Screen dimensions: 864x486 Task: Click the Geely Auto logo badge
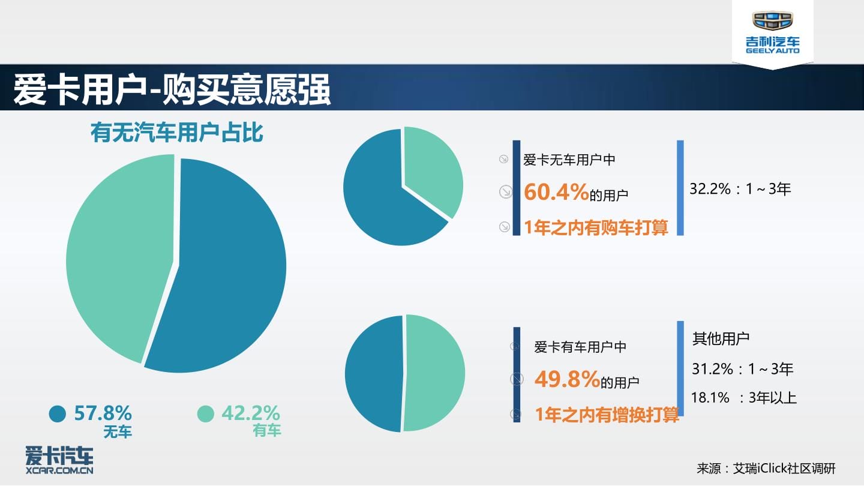coord(773,32)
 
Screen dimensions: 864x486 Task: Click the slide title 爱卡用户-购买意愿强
coord(172,89)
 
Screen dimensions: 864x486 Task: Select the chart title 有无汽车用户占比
coord(177,132)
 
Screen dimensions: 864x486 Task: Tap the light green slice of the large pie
coord(119,254)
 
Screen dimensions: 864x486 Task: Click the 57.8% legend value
coord(103,413)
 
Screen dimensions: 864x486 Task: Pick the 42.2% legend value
coord(251,413)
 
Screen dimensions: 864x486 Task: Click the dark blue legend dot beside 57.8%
coord(58,414)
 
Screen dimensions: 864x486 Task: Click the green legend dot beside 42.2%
coord(206,414)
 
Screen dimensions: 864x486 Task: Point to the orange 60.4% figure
coord(556,192)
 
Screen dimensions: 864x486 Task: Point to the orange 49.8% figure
coord(567,379)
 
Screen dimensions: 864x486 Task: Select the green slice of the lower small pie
coord(434,373)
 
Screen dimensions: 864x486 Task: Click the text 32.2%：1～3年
coord(740,189)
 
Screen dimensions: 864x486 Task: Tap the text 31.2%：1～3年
coord(742,369)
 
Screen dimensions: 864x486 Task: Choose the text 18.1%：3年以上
coord(743,398)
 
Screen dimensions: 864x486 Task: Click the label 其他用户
coord(721,338)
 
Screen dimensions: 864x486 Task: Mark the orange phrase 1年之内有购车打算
coord(596,227)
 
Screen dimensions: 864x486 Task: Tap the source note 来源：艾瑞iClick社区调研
coord(766,468)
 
